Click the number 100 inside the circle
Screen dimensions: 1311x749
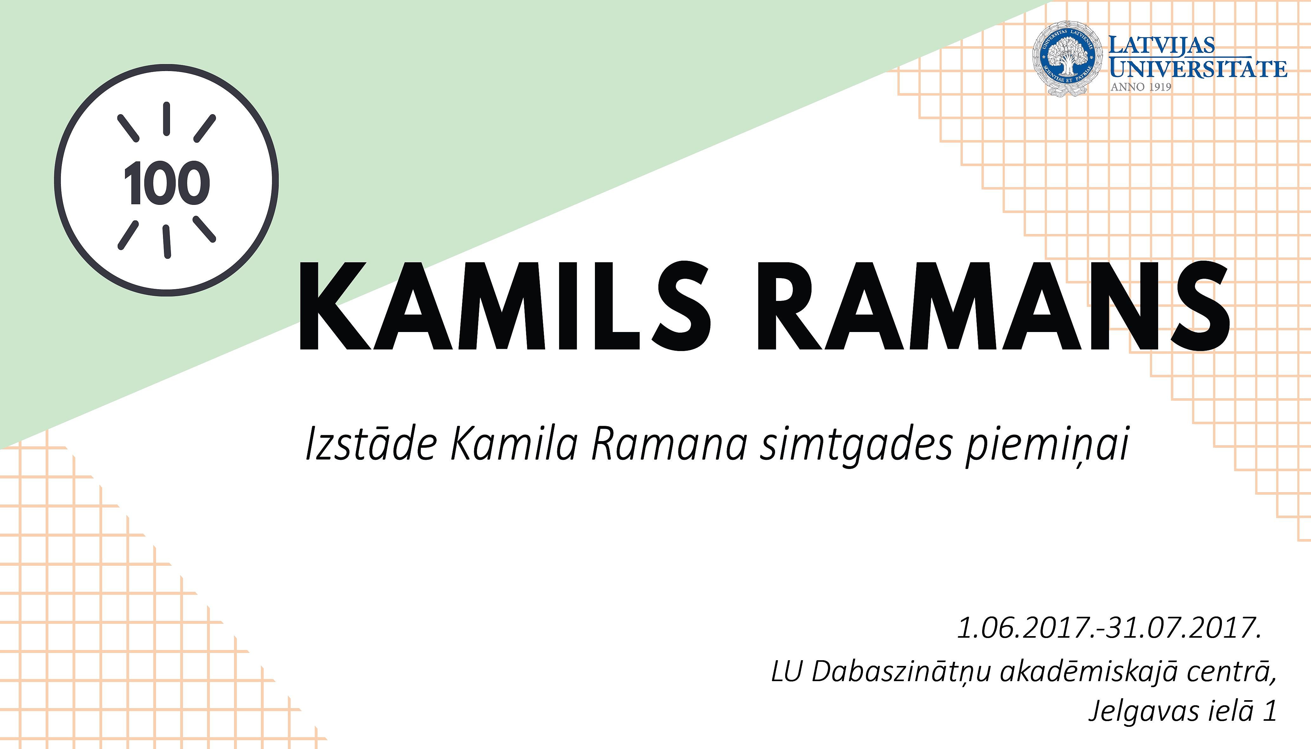pyautogui.click(x=166, y=183)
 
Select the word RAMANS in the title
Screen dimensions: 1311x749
pyautogui.click(x=994, y=307)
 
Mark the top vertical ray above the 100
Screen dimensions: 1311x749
pyautogui.click(x=166, y=119)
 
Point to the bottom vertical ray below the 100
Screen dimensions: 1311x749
pyautogui.click(x=166, y=241)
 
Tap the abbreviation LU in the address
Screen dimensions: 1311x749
pyautogui.click(x=786, y=672)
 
